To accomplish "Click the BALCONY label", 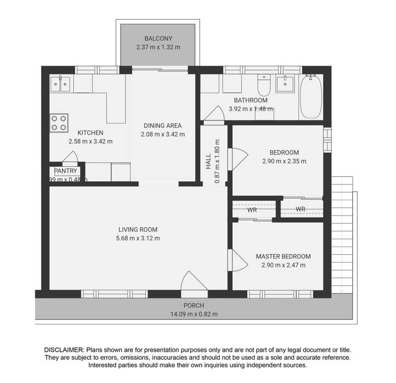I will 159,39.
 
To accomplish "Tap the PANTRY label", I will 65,171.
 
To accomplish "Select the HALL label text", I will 208,161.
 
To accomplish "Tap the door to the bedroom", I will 237,156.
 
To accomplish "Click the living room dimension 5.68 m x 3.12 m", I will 138,238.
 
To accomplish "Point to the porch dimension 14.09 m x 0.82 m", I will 193,314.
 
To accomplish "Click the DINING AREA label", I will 163,126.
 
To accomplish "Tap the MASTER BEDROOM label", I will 283,257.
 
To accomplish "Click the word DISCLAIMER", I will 64,350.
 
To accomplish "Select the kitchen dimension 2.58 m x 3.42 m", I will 90,142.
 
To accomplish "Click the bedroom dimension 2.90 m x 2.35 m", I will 284,162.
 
